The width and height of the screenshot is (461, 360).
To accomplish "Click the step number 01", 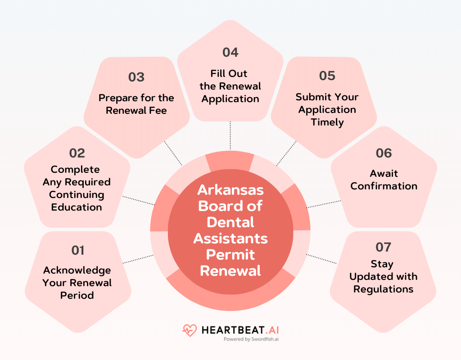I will [78, 250].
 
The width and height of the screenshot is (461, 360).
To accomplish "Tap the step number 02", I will [77, 153].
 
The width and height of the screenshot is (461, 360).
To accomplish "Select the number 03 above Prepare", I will [136, 77].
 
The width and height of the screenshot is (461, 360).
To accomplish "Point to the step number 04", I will [230, 52].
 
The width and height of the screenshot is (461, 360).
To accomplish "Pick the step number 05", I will [327, 76].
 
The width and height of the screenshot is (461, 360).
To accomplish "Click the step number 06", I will [384, 153].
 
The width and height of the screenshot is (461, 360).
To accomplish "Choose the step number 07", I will [383, 247].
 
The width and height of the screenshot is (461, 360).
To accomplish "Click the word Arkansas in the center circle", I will [230, 190].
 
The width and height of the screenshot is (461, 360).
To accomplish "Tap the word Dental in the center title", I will [230, 222].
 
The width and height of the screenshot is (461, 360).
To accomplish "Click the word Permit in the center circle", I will [230, 255].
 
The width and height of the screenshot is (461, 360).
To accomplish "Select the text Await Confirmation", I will [384, 180].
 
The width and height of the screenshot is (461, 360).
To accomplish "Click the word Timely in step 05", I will [327, 122].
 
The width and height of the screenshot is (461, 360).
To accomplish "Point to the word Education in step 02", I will [77, 207].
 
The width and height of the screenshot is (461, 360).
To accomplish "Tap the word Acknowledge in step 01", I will [77, 270].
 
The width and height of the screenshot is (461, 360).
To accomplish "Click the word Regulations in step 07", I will [383, 289].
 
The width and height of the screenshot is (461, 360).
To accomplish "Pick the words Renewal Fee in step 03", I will [136, 110].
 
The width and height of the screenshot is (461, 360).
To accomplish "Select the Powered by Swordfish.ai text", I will [251, 340].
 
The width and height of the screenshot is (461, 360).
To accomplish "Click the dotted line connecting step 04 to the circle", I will [230, 135].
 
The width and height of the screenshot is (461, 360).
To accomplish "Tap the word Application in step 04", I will [230, 99].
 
